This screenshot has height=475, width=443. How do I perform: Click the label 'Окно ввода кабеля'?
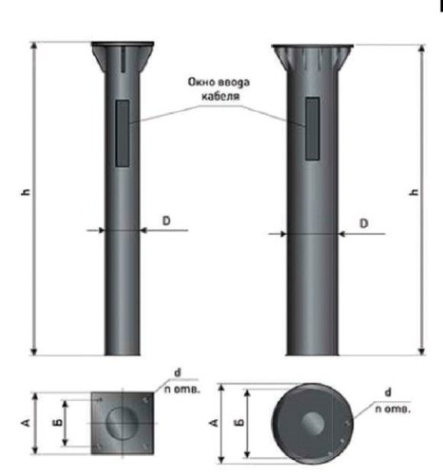(220, 89)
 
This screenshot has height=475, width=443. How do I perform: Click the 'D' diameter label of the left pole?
(165, 220)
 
